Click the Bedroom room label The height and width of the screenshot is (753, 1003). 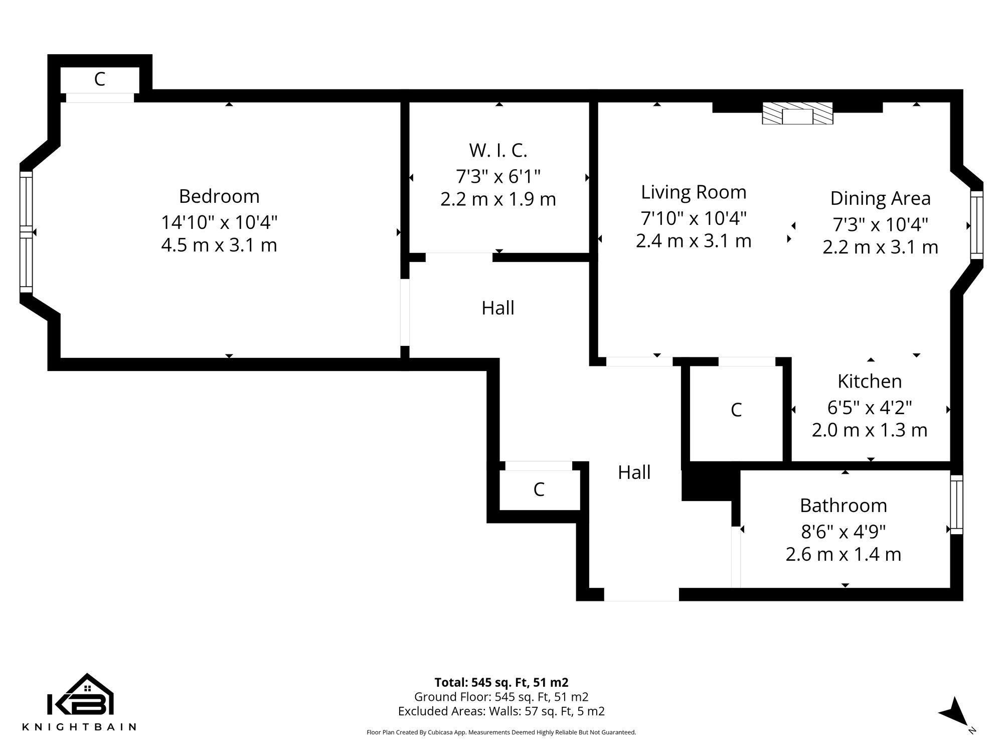[x=219, y=196]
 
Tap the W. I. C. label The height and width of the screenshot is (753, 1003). [x=498, y=151]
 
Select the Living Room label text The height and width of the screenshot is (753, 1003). [x=694, y=192]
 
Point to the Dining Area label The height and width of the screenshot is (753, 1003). [x=880, y=198]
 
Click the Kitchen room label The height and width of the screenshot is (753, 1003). [x=870, y=382]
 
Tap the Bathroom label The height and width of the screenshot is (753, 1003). [x=843, y=506]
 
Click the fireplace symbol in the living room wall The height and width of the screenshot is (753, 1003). [x=797, y=114]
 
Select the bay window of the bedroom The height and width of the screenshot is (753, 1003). [x=26, y=232]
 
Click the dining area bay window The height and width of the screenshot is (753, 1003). [x=976, y=225]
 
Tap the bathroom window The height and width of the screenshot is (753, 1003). [x=956, y=504]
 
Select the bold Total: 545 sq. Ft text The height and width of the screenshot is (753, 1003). [x=501, y=683]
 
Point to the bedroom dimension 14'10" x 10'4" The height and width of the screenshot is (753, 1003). [x=219, y=222]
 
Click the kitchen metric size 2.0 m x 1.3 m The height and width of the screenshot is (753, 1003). [x=870, y=430]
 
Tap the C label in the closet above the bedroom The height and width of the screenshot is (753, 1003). [x=100, y=79]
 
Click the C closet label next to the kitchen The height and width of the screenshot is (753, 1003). [x=736, y=410]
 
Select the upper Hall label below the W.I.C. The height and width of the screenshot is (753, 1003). [x=497, y=308]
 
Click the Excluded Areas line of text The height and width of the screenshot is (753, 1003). [x=501, y=711]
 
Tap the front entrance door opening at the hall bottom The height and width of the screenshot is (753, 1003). [x=641, y=594]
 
